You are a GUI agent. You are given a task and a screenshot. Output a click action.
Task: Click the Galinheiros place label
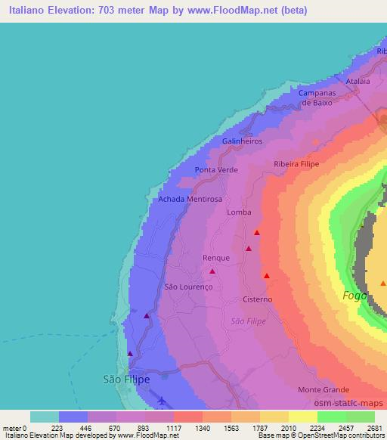tap(243, 141)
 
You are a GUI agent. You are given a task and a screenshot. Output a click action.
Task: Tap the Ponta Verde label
tap(216, 170)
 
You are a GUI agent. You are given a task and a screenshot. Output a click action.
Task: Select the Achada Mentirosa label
tap(190, 199)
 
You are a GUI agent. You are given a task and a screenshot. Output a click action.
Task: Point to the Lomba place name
tap(239, 213)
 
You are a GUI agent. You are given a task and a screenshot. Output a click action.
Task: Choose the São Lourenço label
tap(189, 287)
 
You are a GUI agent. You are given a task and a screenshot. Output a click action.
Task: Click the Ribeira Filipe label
tap(296, 164)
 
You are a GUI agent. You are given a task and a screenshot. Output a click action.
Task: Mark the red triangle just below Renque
tap(212, 271)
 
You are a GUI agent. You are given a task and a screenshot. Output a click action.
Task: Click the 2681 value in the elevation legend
tap(374, 427)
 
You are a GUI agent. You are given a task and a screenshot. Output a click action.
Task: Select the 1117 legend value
tap(173, 427)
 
